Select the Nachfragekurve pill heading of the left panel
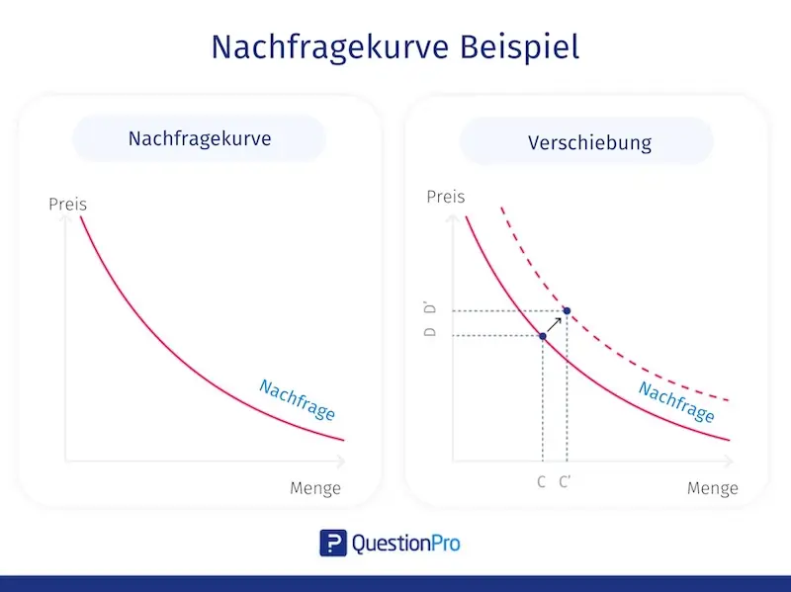[199, 138]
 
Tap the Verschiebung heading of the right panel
[589, 141]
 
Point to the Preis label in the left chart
[68, 205]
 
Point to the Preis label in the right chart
[445, 197]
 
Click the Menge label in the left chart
[314, 488]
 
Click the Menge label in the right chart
[712, 488]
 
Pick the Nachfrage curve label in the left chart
[297, 399]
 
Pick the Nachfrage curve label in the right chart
[676, 401]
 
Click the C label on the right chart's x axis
[542, 482]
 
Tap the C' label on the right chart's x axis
[565, 482]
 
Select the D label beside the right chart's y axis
[430, 332]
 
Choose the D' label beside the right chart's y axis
[430, 309]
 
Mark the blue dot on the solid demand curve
[543, 336]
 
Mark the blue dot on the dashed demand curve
[567, 312]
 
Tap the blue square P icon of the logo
[332, 543]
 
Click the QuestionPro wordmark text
[405, 543]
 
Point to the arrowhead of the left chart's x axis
[342, 461]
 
